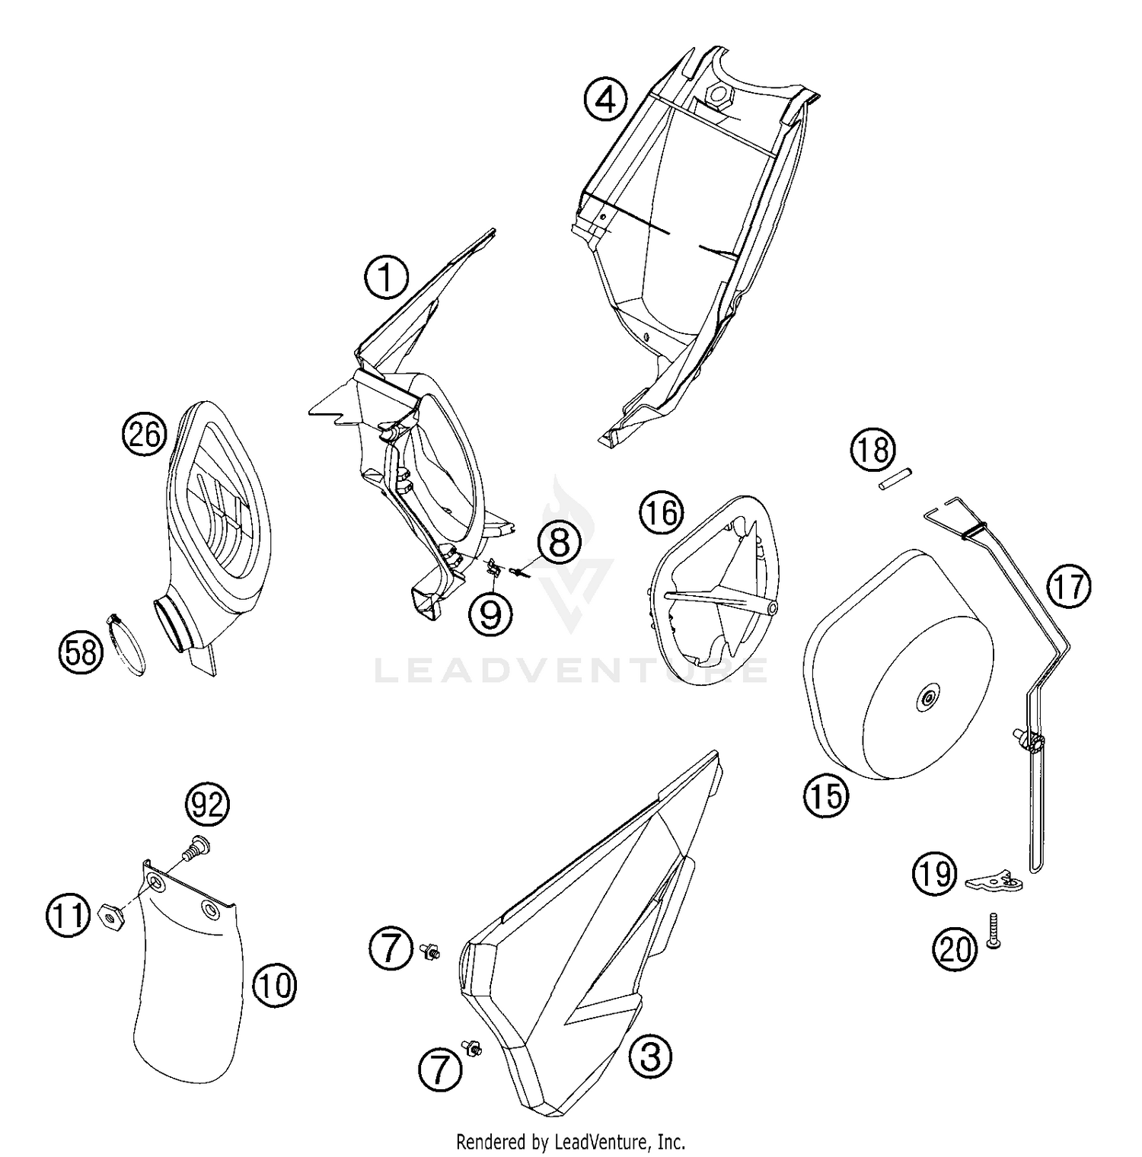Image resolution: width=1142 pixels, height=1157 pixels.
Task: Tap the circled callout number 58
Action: (x=81, y=652)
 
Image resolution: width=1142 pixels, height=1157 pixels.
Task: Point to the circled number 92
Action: (x=207, y=805)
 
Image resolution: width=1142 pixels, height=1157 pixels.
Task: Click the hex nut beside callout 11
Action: (x=113, y=917)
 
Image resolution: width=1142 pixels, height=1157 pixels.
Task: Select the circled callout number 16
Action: (x=661, y=513)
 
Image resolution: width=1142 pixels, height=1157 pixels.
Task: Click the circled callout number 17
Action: (x=1067, y=588)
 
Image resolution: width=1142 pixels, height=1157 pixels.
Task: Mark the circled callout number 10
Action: (x=274, y=986)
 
